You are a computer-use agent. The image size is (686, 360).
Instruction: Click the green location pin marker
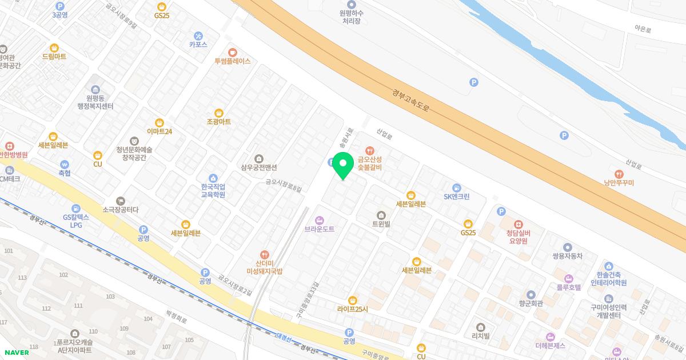click(x=342, y=165)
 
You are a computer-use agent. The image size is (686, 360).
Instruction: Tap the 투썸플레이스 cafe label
click(x=232, y=61)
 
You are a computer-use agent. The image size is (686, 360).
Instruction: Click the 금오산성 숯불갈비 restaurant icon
click(x=369, y=150)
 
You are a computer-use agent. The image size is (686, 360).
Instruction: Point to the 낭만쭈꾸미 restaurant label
click(x=619, y=183)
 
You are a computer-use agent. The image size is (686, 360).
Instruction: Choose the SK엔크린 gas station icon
click(x=456, y=187)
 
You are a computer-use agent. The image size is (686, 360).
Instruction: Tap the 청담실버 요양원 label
click(x=518, y=237)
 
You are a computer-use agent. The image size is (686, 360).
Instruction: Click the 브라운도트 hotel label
click(x=319, y=229)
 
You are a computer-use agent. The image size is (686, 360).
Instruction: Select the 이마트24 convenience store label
click(x=159, y=131)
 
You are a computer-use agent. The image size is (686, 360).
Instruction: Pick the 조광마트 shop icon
click(x=218, y=113)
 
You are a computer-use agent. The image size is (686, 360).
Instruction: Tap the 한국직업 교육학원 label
click(x=213, y=190)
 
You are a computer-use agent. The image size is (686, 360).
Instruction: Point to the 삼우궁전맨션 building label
click(x=259, y=167)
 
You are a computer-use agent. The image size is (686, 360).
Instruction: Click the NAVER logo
click(x=16, y=352)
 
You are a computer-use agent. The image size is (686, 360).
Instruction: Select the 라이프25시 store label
click(x=353, y=309)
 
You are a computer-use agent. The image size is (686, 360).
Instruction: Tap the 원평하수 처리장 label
click(x=353, y=17)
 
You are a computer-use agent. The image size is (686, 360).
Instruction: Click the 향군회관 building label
click(x=531, y=303)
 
